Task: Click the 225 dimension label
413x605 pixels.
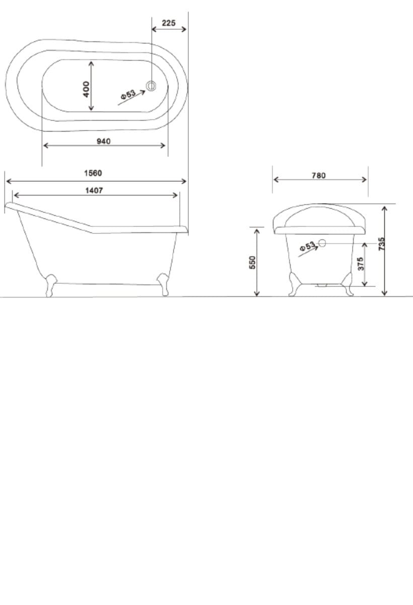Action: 169,23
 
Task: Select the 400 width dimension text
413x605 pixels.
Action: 86,89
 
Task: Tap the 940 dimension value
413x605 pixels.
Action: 104,141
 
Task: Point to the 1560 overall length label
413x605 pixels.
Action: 93,173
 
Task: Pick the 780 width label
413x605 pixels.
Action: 318,175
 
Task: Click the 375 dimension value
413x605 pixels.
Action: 360,263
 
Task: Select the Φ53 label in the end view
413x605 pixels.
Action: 307,247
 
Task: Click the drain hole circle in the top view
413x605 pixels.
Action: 151,86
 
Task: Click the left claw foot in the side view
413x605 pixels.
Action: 50,285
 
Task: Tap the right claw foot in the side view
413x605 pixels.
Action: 163,284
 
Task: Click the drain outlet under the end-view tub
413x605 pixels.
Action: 321,285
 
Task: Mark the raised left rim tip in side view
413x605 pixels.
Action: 9,205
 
